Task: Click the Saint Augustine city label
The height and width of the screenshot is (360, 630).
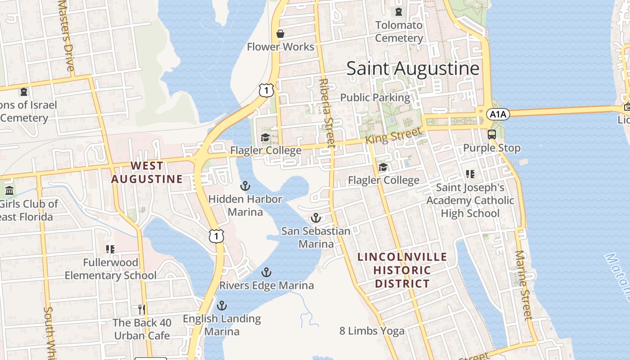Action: (x=413, y=68)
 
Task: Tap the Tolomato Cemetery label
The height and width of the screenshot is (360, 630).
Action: (x=399, y=31)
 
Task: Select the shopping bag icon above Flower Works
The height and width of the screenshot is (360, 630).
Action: (x=280, y=34)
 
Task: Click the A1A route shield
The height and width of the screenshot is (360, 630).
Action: (x=498, y=114)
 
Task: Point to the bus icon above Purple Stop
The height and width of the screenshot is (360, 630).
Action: (x=491, y=134)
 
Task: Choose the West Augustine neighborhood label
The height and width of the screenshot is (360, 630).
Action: (x=147, y=172)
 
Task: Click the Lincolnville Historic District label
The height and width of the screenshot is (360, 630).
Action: (x=402, y=270)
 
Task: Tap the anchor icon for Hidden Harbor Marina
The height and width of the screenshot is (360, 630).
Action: (x=245, y=185)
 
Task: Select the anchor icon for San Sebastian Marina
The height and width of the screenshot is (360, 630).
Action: (x=316, y=218)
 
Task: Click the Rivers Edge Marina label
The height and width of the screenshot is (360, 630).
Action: (x=266, y=285)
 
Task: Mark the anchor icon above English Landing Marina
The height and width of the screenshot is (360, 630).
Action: (x=221, y=306)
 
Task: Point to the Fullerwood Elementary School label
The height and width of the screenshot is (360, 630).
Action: (x=111, y=269)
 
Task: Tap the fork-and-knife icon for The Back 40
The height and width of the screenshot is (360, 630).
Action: (x=142, y=309)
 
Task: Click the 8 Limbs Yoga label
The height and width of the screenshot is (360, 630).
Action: (x=372, y=331)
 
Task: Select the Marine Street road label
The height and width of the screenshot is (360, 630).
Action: (x=523, y=285)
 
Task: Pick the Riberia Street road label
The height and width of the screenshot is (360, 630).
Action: (x=327, y=112)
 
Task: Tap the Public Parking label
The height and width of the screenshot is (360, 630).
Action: (x=375, y=97)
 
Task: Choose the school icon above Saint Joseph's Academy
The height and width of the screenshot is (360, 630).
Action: (x=470, y=174)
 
